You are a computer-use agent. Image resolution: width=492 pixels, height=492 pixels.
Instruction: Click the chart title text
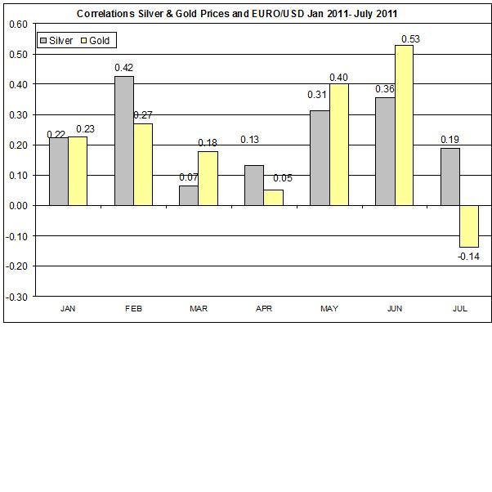pyautogui.click(x=243, y=14)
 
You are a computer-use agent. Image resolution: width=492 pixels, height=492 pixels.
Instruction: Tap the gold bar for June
pyautogui.click(x=403, y=125)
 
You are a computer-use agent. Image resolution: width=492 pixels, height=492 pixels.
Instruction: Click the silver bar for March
pyautogui.click(x=189, y=195)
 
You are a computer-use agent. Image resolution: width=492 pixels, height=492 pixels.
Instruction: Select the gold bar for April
pyautogui.click(x=273, y=198)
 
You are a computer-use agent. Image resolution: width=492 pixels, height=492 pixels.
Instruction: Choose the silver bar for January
pyautogui.click(x=59, y=172)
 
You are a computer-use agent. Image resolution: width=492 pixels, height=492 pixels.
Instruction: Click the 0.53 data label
pyautogui.click(x=410, y=38)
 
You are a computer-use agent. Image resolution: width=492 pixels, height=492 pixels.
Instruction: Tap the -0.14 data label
pyautogui.click(x=469, y=257)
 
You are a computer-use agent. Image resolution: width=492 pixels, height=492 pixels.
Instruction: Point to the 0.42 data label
pyautogui.click(x=123, y=68)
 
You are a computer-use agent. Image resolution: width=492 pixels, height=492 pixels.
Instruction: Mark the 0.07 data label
pyautogui.click(x=189, y=177)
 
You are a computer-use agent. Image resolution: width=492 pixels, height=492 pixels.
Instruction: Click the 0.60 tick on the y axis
pyautogui.click(x=17, y=23)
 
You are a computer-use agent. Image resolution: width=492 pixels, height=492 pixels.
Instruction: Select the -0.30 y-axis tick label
pyautogui.click(x=16, y=296)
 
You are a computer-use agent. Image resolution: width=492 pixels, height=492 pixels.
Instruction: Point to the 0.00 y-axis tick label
pyautogui.click(x=17, y=205)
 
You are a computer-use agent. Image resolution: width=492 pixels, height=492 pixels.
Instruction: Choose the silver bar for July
pyautogui.click(x=450, y=177)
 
